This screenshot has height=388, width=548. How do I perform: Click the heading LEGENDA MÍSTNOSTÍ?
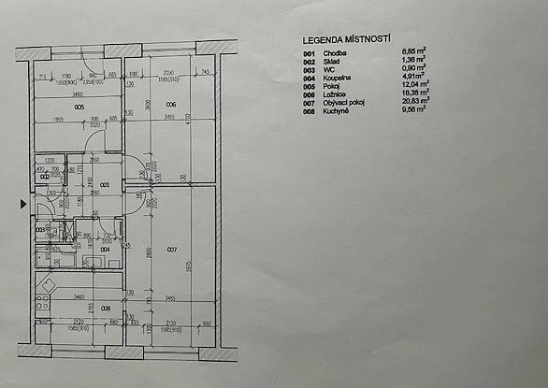click(344, 41)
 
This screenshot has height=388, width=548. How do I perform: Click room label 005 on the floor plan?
click(80, 108)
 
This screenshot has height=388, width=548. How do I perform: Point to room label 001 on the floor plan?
click(106, 185)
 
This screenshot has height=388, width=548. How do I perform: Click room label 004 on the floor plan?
click(106, 250)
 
